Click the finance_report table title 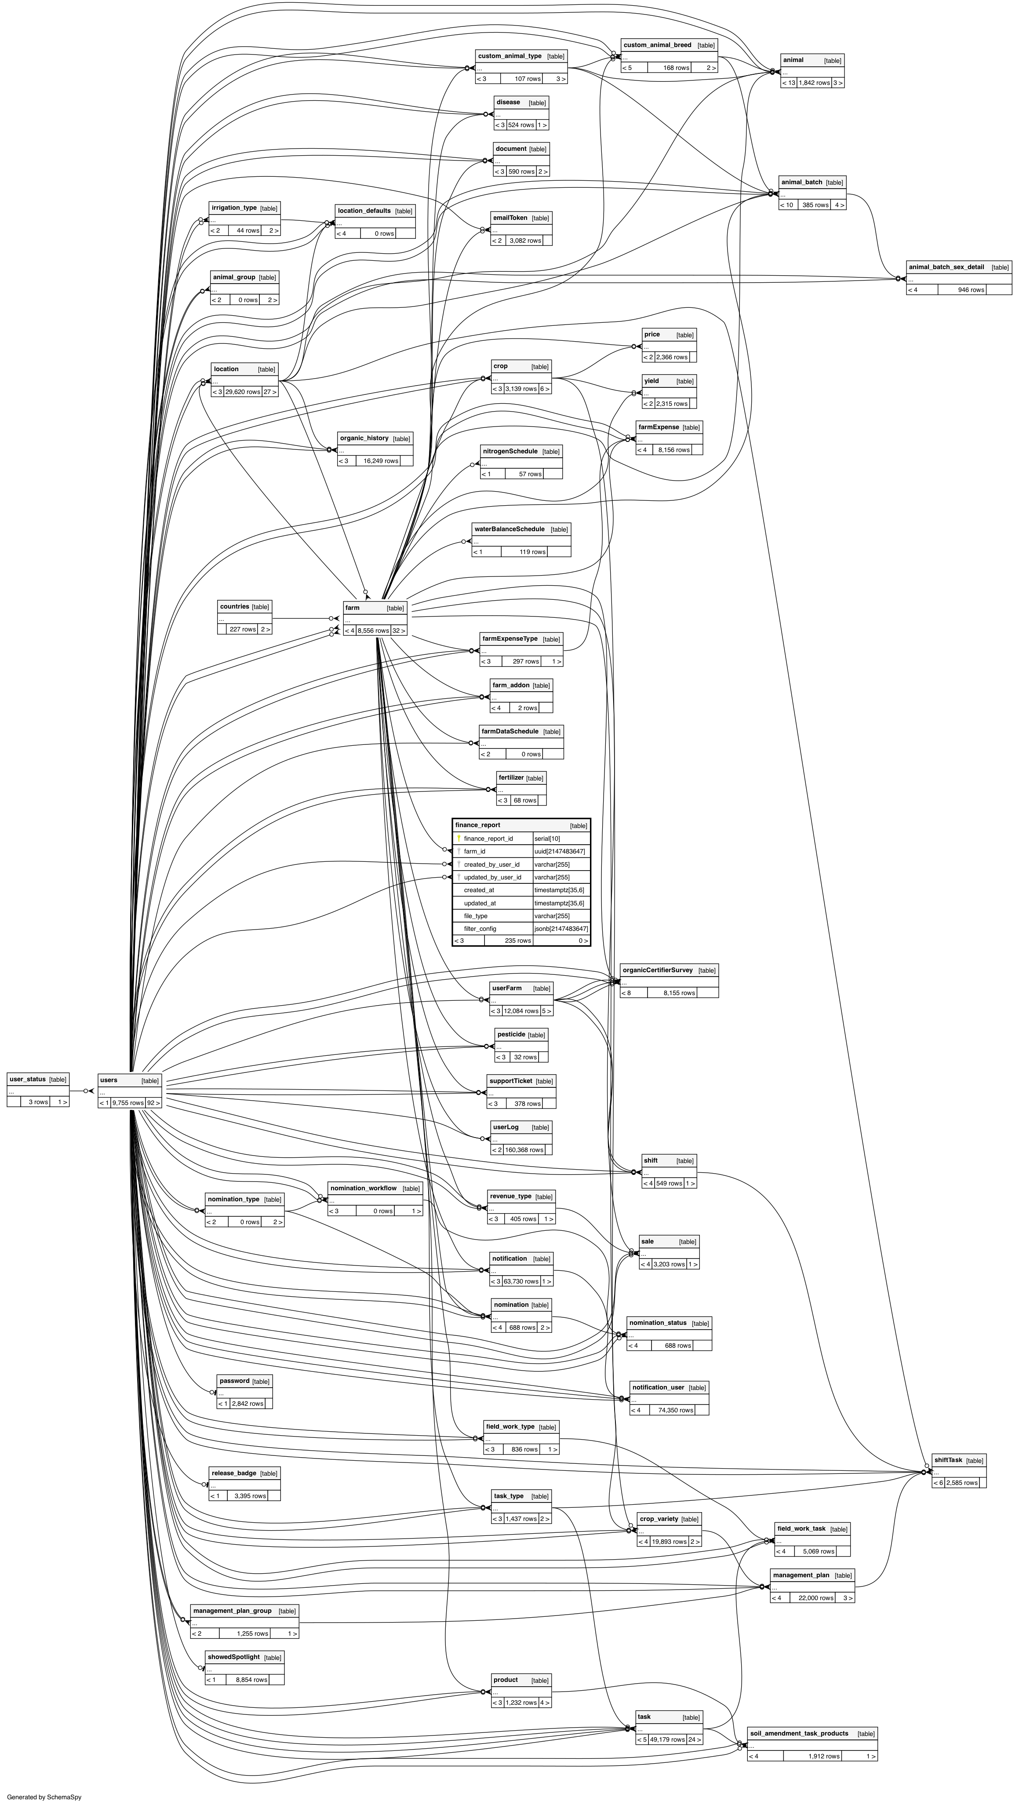tap(478, 825)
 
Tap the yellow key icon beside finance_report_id tap(459, 838)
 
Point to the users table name tap(109, 1080)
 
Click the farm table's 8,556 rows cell tap(373, 631)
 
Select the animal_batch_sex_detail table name tap(946, 267)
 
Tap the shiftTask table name tap(948, 1460)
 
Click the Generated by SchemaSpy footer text tap(44, 1797)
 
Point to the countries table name tap(235, 607)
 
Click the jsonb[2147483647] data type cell tap(561, 928)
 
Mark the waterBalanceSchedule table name tap(509, 529)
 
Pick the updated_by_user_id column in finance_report tap(492, 877)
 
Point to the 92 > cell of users tap(153, 1103)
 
